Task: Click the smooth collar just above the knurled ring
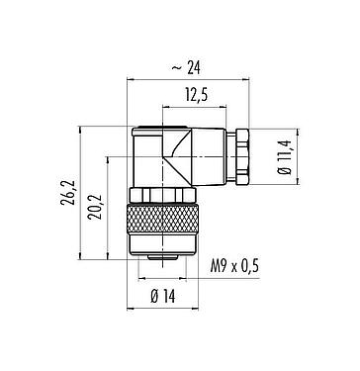(162, 191)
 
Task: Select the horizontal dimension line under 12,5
(197, 106)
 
